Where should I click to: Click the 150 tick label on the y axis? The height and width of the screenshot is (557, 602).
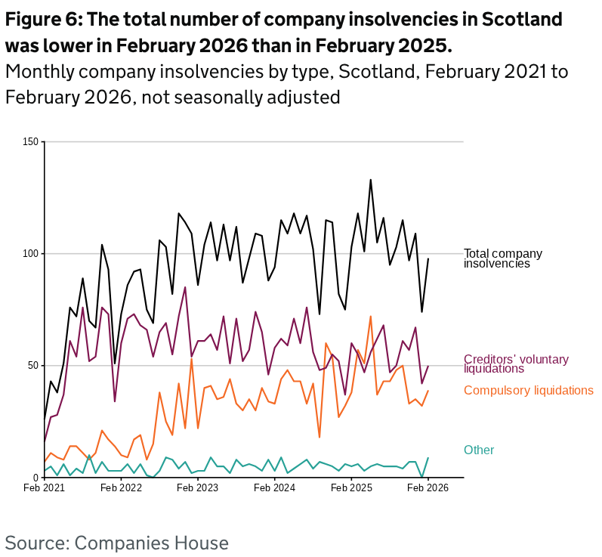(x=31, y=141)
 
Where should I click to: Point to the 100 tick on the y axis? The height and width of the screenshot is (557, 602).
(x=31, y=253)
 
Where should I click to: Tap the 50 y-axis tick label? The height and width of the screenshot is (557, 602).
(x=33, y=365)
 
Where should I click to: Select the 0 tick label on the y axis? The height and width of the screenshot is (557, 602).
(x=36, y=477)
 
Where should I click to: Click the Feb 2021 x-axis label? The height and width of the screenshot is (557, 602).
(x=45, y=488)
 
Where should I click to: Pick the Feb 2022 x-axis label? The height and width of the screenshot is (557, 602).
(x=121, y=488)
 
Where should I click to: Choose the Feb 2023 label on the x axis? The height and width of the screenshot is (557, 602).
(x=198, y=488)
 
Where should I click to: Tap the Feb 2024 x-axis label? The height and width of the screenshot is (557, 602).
(x=274, y=488)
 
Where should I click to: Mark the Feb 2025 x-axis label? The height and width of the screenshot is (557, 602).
(x=351, y=488)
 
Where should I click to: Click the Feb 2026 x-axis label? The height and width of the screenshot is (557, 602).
(x=428, y=488)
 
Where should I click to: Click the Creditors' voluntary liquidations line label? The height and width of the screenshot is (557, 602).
(x=516, y=364)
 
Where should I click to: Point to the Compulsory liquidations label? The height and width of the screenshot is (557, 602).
(x=528, y=390)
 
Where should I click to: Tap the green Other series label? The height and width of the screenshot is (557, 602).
(x=479, y=450)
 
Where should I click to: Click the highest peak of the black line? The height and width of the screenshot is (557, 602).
(x=371, y=180)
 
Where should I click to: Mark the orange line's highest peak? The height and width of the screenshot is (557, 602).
(x=371, y=316)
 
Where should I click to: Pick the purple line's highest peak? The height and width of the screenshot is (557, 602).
(x=185, y=287)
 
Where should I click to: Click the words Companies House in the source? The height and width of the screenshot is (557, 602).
(x=151, y=542)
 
